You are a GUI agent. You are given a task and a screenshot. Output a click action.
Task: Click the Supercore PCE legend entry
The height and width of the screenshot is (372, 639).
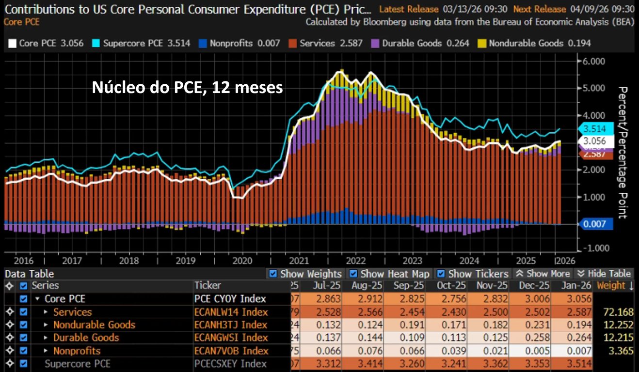click(x=145, y=43)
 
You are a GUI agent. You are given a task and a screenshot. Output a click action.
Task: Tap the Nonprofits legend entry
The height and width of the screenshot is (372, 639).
click(x=239, y=43)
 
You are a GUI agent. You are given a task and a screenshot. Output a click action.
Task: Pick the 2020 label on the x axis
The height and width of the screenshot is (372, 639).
click(x=242, y=260)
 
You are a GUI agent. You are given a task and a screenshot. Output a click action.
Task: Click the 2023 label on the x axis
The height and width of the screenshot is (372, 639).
click(x=413, y=260)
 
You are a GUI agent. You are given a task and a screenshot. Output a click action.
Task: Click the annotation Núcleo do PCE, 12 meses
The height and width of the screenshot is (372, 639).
click(x=187, y=88)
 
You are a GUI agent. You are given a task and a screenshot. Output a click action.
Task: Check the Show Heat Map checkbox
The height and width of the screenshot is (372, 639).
click(x=353, y=274)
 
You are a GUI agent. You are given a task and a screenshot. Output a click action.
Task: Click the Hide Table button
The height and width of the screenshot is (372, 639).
click(x=603, y=274)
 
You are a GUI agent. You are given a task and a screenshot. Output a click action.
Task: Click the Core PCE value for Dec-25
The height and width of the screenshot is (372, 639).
click(x=533, y=299)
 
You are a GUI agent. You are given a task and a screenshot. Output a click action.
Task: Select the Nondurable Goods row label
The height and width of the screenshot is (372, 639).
click(x=94, y=325)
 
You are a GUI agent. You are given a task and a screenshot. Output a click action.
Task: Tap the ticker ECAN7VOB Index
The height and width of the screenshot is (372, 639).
click(x=231, y=351)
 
